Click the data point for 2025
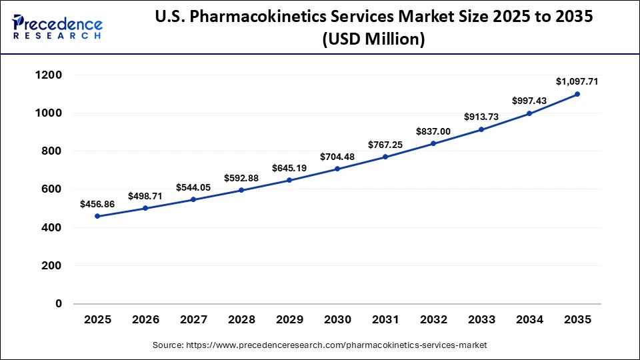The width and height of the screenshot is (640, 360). (97, 216)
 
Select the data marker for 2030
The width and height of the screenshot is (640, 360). (337, 169)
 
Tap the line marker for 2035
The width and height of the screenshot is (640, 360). (577, 94)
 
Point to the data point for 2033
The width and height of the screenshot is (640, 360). (481, 129)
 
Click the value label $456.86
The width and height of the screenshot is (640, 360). (97, 203)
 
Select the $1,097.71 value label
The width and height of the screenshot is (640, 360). (577, 81)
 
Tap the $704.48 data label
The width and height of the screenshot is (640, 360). (337, 157)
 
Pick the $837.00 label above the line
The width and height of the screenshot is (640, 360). (433, 131)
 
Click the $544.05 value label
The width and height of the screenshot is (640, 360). (193, 187)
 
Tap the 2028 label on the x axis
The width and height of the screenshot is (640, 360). (241, 320)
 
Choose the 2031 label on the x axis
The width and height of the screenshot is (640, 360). (385, 320)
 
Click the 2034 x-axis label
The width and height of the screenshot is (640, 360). (529, 320)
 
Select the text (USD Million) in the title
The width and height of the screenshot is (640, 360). (373, 41)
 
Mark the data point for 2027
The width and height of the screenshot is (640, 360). (193, 199)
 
